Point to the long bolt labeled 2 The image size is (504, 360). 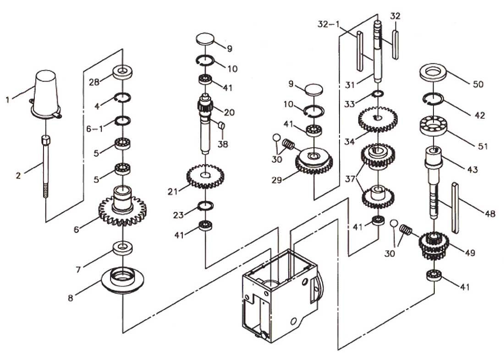46,165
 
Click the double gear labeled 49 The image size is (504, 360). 433,245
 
